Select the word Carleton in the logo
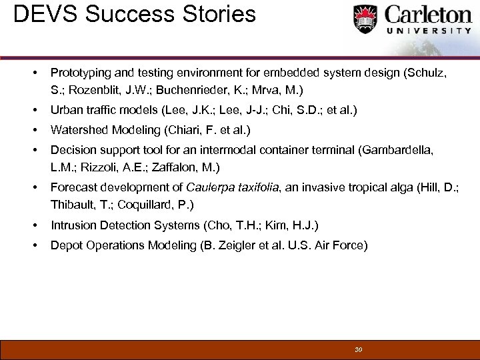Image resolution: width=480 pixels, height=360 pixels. (x=426, y=15)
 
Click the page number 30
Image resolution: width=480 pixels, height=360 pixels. (x=359, y=349)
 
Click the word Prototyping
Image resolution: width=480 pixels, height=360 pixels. (x=82, y=72)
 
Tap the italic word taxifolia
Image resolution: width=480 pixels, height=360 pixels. (x=256, y=188)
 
